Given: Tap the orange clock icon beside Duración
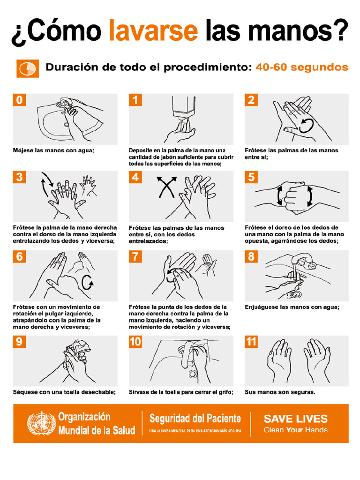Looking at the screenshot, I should point(28,68).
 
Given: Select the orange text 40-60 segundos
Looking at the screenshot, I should point(302,67).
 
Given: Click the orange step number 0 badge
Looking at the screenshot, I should point(19,100).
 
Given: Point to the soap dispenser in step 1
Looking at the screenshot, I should point(184,108).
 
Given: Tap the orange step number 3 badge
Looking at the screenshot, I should point(19,177).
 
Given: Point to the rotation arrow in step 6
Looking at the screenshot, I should point(87,283).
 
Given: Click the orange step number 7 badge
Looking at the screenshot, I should point(135,256).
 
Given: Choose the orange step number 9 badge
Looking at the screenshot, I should point(19,341).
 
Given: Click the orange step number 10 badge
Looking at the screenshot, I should point(135,341).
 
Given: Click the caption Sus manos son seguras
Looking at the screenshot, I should point(280,392).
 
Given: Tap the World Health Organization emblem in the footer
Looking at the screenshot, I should point(41,423).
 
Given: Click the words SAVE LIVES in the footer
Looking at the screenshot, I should point(295,419).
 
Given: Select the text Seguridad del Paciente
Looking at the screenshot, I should point(195,418).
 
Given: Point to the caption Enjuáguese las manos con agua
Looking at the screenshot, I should point(292,307).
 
